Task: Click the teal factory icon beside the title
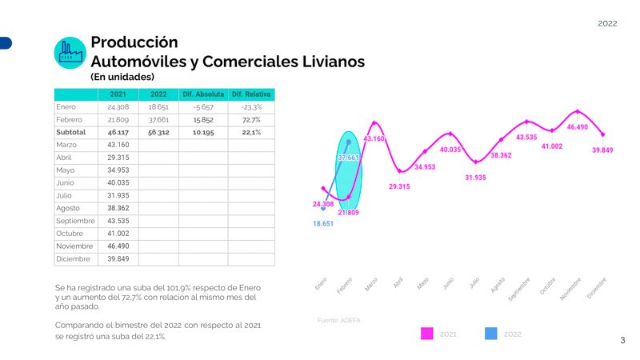[x=70, y=53]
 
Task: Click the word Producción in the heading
[x=134, y=42]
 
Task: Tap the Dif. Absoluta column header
[x=203, y=94]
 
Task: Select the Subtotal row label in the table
[x=71, y=132]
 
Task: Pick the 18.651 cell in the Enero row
[x=158, y=106]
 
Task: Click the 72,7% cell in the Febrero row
[x=251, y=119]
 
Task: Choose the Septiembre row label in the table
[x=76, y=221]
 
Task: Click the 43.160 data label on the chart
[x=374, y=138]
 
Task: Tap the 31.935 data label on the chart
[x=476, y=177]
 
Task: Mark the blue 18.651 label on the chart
[x=323, y=224]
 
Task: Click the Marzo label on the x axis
[x=370, y=285]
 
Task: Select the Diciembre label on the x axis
[x=597, y=289]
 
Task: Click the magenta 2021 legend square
[x=426, y=334]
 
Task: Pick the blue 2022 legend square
[x=491, y=334]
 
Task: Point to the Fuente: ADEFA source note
[x=339, y=320]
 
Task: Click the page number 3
[x=622, y=341]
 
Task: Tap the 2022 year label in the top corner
[x=607, y=24]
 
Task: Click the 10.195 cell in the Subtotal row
[x=203, y=132]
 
